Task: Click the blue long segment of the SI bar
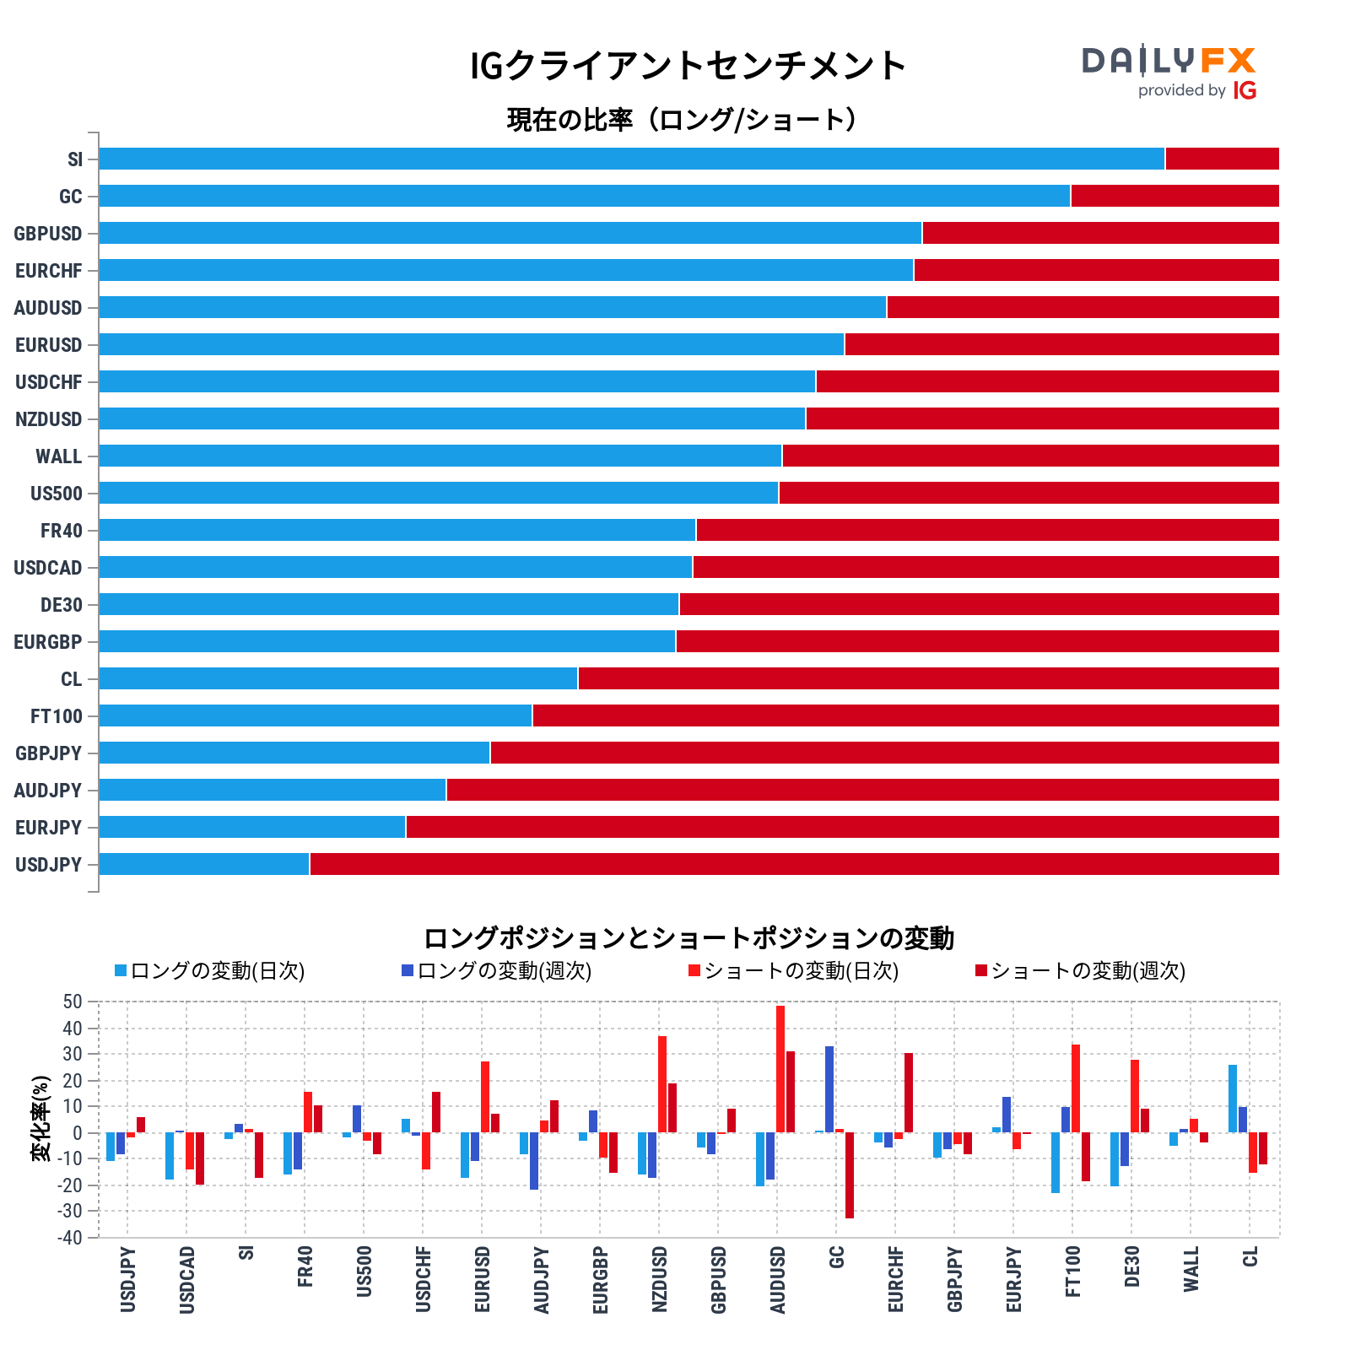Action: [x=631, y=159]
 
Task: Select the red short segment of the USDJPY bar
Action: [x=793, y=864]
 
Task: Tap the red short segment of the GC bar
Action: [x=1174, y=196]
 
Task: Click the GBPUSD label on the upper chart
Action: [x=48, y=234]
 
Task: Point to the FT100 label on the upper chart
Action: [x=57, y=716]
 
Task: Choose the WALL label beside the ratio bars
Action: [x=58, y=456]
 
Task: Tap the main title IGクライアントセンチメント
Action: [x=688, y=66]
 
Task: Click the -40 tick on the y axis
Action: [x=71, y=1238]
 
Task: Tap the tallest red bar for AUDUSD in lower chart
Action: [x=780, y=1069]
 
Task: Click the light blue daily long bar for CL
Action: [x=1233, y=1099]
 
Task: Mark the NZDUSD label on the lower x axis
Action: [x=660, y=1279]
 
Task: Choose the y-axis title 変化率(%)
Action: [x=40, y=1119]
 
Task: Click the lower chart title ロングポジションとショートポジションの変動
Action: [x=688, y=938]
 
